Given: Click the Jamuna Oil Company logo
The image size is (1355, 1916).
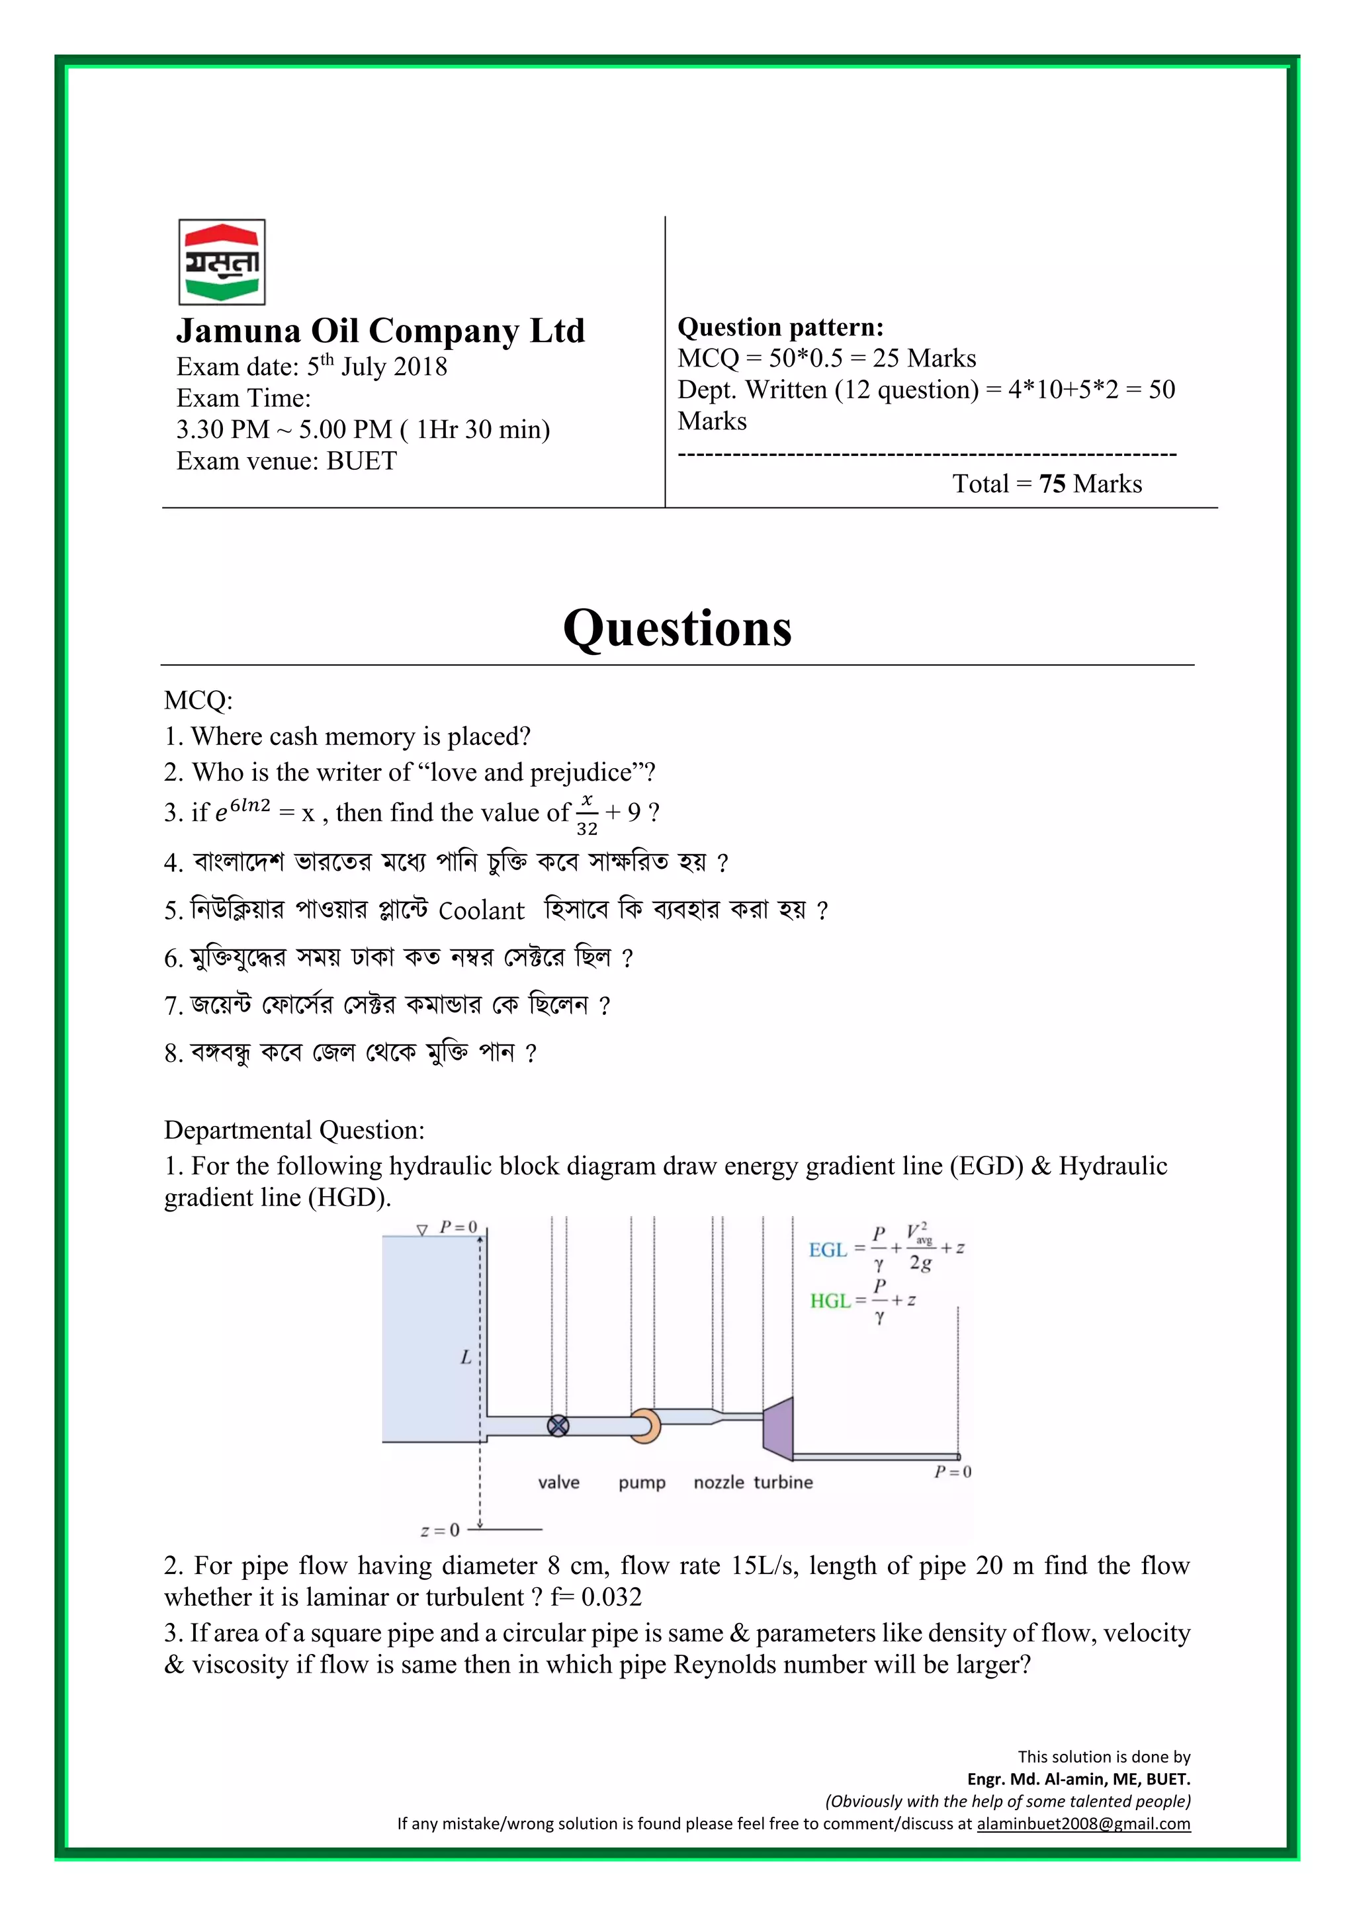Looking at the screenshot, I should tap(222, 262).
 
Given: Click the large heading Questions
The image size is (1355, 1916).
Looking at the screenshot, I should tap(677, 629).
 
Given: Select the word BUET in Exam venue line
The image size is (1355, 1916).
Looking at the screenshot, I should tap(361, 460).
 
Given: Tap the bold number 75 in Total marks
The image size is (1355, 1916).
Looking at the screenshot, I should tap(1052, 484).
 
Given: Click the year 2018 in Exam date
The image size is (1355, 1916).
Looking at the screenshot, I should tap(419, 367).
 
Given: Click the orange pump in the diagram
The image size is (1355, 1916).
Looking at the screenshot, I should tap(645, 1425).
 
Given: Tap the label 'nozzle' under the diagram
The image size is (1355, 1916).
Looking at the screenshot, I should tap(719, 1482).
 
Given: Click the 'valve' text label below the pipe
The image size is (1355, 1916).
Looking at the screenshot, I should tap(558, 1483).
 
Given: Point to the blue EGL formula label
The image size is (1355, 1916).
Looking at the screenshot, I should tap(828, 1250).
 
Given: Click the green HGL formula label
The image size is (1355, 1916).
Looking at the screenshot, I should tap(830, 1301).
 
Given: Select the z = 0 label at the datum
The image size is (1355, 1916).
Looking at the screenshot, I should tap(440, 1530).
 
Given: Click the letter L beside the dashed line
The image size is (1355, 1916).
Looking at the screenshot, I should tap(466, 1358).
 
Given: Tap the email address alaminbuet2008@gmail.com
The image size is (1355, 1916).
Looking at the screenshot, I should tap(1083, 1823).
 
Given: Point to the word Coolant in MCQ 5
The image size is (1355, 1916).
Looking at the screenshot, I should tap(482, 910).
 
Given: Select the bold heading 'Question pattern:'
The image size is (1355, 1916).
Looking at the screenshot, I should tap(780, 327).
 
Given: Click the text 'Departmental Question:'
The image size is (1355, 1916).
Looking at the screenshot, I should tap(294, 1130).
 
